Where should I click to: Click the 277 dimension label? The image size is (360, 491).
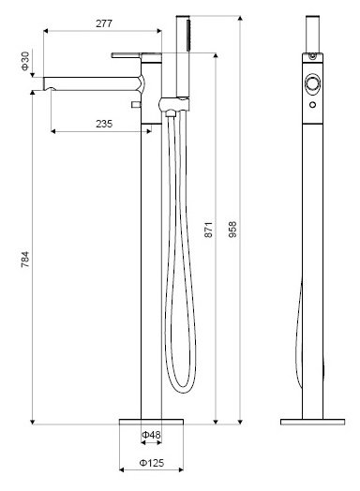104,23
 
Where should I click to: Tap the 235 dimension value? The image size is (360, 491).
104,124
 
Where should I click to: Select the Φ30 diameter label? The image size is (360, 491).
25,61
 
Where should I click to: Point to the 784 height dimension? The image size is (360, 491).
25,259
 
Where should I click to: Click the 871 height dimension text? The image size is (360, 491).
208,230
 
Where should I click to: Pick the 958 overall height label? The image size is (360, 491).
232,230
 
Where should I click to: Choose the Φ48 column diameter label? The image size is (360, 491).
151,435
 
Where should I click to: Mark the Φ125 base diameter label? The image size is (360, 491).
151,463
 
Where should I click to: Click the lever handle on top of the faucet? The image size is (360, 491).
126,55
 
